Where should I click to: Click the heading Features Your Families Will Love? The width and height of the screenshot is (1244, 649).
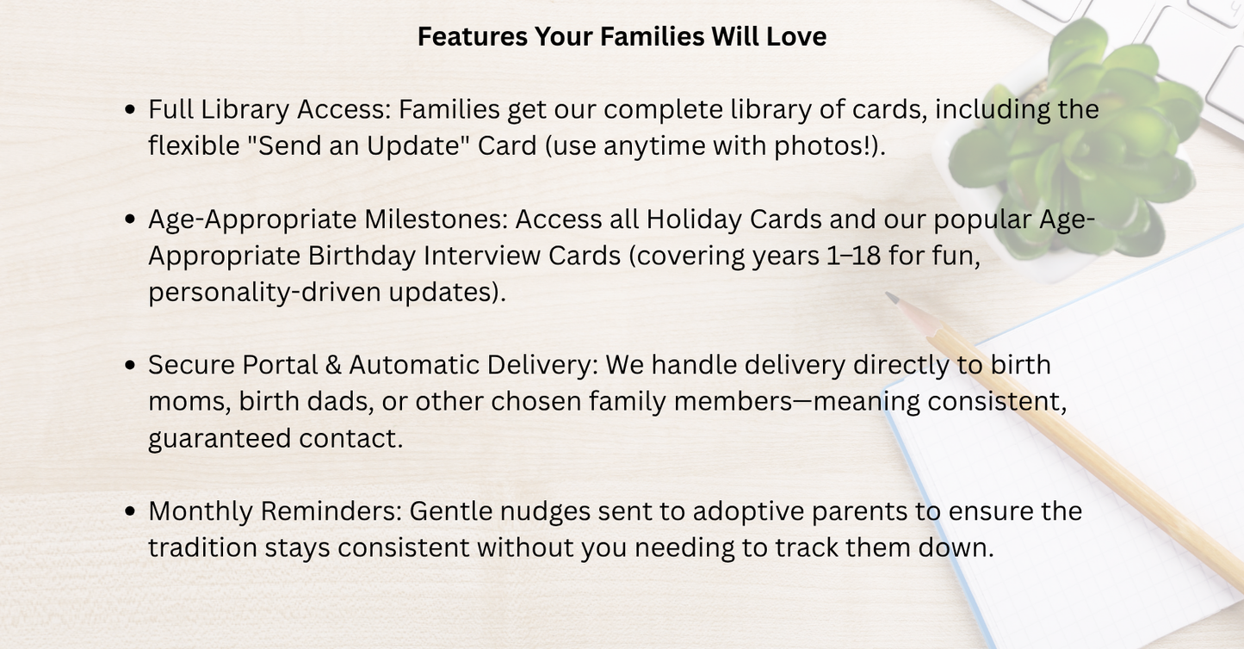[x=622, y=37]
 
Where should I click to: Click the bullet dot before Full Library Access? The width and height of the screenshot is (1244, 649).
[x=130, y=110]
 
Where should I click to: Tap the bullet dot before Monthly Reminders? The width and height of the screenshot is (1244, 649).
[x=130, y=511]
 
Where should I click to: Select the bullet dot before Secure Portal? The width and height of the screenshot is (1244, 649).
[x=130, y=365]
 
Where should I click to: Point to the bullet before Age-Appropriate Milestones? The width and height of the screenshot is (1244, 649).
[x=130, y=219]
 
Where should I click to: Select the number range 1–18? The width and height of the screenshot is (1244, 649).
[x=852, y=257]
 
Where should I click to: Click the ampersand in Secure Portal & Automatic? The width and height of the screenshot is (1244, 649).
[x=333, y=365]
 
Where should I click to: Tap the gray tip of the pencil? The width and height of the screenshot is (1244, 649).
[x=893, y=300]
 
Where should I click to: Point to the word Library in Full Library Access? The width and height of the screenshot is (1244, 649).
[x=244, y=110]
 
